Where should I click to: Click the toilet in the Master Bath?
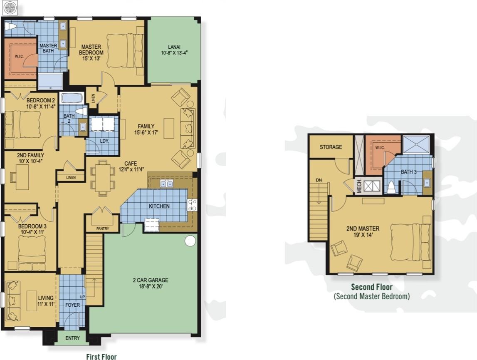(x=11, y=27)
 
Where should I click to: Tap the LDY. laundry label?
(x=104, y=141)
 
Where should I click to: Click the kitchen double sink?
(x=166, y=184)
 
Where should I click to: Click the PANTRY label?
(x=102, y=228)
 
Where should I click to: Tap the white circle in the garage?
(x=190, y=241)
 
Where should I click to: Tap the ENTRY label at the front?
(x=72, y=338)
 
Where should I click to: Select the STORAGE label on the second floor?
(x=331, y=147)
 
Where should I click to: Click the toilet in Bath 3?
(x=391, y=188)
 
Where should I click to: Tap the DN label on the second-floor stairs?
(x=319, y=180)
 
